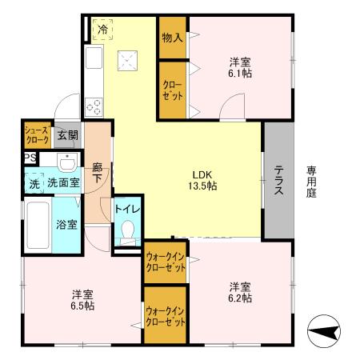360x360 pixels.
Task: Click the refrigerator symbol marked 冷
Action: coord(102,30)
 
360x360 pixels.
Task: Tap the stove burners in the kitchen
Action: coord(93,105)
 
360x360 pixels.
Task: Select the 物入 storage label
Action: coord(173,37)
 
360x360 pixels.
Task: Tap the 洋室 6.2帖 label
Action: coord(239,292)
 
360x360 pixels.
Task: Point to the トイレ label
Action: coord(128,210)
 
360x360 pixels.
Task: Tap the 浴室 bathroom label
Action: coord(66,224)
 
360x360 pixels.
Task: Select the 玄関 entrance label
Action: coord(67,135)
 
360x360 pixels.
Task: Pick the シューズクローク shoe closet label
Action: coord(37,134)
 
